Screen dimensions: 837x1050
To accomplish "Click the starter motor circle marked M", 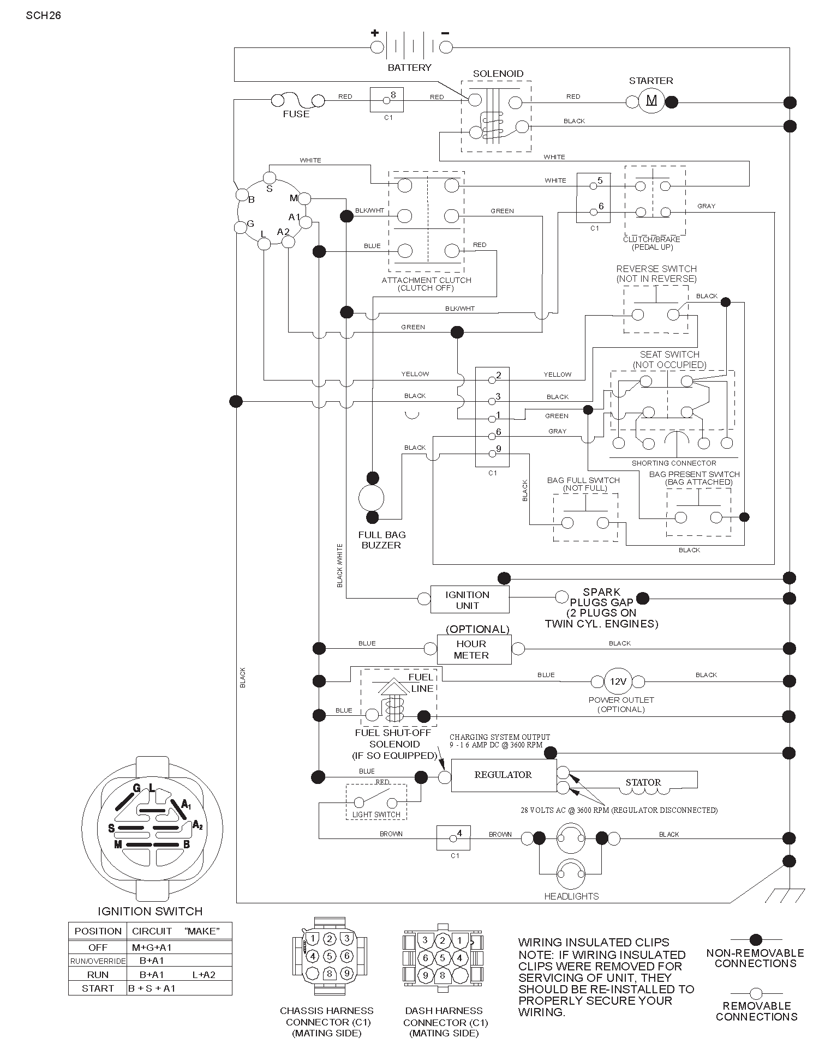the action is [x=651, y=101].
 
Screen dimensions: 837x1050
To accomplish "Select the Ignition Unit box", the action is [x=470, y=599].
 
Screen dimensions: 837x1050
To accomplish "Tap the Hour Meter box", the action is [x=474, y=649].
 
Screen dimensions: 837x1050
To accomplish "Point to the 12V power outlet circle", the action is [x=618, y=681].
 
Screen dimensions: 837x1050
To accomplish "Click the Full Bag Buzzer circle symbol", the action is [x=372, y=498].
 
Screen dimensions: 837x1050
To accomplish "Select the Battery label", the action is [x=409, y=68].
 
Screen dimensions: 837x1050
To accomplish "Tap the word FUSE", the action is [x=296, y=114].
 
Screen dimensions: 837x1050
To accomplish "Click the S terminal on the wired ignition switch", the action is [x=270, y=178].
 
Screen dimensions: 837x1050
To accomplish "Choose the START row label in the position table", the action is [x=98, y=988].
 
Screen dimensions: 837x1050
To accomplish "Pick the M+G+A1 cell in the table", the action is [x=152, y=947].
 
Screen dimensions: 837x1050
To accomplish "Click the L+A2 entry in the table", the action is [x=204, y=974].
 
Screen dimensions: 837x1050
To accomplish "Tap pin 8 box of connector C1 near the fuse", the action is [x=387, y=99].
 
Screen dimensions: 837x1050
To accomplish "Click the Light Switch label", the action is [x=376, y=814].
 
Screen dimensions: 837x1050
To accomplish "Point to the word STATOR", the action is [x=643, y=782].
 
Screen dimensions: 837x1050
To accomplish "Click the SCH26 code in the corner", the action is [x=43, y=15].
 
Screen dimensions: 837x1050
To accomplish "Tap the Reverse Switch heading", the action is [x=656, y=269].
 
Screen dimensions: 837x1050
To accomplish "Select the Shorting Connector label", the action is [x=674, y=463].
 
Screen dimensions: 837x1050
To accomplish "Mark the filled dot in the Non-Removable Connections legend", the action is [x=756, y=939].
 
